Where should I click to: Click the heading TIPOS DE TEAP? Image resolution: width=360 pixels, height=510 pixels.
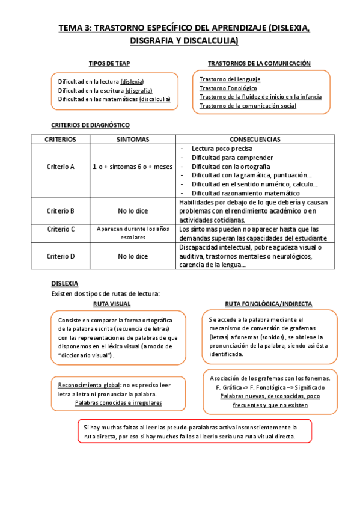109,63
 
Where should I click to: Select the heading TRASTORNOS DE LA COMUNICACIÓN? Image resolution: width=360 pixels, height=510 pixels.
259,63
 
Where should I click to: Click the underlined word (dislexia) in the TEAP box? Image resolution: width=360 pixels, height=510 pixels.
132,81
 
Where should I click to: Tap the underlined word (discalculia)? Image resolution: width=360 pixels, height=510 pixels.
154,99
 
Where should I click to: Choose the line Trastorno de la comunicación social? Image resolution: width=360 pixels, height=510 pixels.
248,106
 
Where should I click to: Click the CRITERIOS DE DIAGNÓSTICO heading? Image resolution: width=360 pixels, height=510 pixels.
90,125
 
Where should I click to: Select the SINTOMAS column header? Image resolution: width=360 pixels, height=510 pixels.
133,139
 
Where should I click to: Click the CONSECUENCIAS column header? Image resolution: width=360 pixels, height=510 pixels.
254,139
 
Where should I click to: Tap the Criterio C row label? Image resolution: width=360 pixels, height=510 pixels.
60,229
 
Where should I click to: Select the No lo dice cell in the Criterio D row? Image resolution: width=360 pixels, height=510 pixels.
133,256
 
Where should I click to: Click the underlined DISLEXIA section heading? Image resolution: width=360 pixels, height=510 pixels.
64,283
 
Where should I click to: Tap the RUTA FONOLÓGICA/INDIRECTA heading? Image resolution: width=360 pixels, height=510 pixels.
268,304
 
